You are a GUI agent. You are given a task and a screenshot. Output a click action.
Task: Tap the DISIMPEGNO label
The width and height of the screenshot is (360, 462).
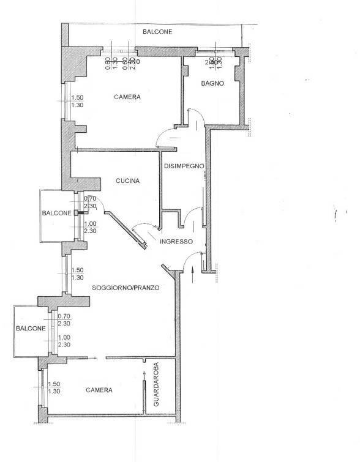[x=183, y=166]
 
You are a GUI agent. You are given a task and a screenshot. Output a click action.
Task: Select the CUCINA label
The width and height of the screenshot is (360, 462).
[x=128, y=181]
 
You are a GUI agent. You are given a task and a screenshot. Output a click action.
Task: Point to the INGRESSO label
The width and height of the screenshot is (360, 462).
[x=176, y=242]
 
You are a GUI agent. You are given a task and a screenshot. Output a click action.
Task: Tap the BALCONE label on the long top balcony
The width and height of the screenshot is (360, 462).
[x=157, y=32]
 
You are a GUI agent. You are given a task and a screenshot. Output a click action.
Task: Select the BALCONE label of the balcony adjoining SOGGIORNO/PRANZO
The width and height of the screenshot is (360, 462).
[x=31, y=329]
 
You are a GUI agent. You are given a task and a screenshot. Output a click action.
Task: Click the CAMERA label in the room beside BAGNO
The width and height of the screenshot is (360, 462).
[x=127, y=97]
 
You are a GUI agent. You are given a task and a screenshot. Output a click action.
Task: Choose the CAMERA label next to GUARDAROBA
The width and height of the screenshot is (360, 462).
[x=99, y=390]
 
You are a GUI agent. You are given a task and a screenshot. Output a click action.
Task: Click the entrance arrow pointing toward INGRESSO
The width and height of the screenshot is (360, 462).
[x=193, y=276]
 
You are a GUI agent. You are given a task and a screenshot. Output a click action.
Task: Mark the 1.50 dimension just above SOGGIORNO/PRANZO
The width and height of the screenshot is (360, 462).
[x=78, y=270]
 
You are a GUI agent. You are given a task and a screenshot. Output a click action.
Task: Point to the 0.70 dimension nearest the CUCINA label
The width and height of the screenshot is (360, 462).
[x=90, y=198]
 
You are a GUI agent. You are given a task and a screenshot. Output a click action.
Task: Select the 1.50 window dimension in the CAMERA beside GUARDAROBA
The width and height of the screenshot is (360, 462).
[x=54, y=384]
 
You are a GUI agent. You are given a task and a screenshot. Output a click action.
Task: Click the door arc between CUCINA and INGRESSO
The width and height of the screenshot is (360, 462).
[x=141, y=229]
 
